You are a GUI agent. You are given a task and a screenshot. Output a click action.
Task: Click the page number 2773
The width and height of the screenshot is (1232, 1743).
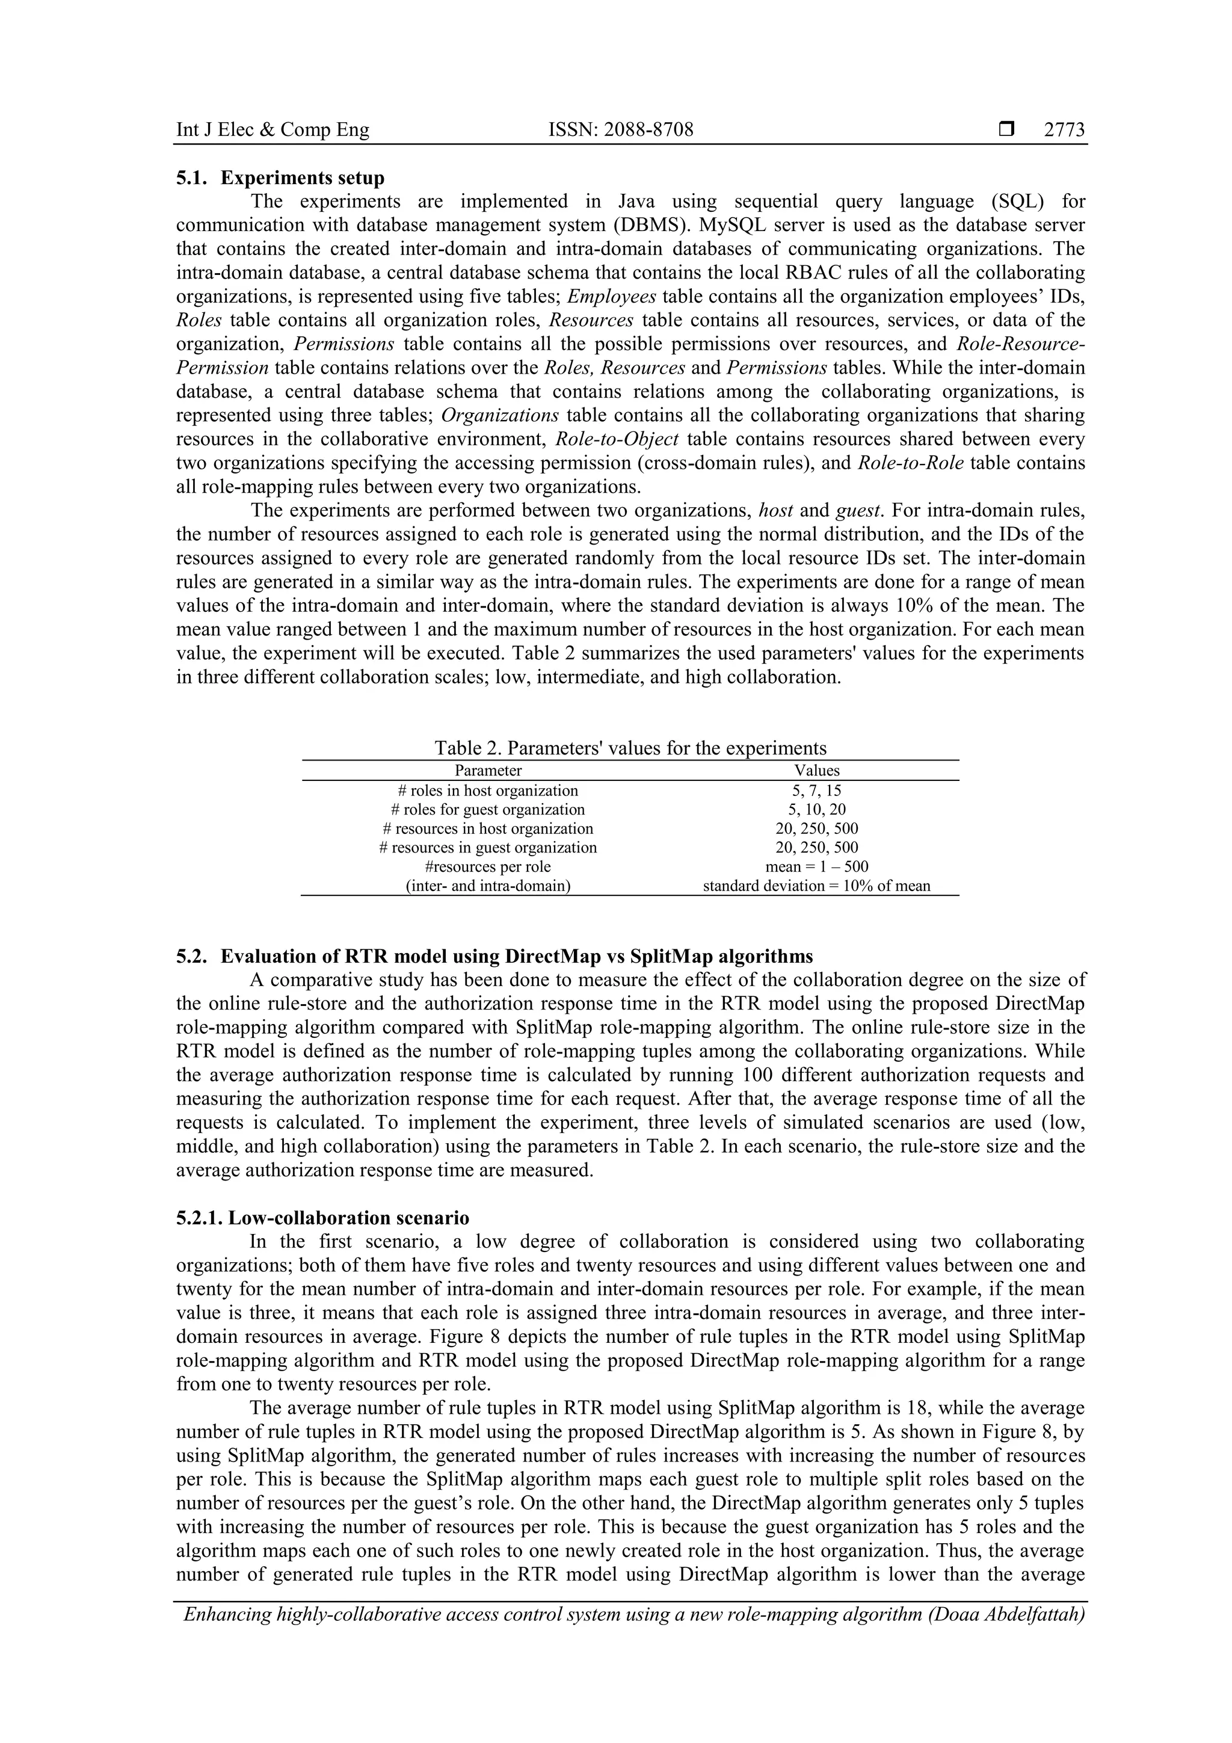[x=1064, y=130]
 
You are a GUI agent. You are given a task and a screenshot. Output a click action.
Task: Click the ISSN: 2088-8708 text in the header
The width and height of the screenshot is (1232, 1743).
[x=621, y=130]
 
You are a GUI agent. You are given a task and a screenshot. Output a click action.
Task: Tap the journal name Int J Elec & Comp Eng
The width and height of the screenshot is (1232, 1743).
[x=273, y=130]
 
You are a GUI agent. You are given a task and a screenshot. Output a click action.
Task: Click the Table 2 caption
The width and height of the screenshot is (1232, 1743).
[x=630, y=748]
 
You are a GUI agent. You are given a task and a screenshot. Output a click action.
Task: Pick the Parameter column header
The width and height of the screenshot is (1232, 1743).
[x=488, y=771]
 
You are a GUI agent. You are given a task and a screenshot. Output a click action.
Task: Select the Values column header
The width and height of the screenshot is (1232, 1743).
[x=817, y=771]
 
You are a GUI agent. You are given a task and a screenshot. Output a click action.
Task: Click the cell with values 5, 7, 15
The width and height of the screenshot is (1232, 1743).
[x=817, y=790]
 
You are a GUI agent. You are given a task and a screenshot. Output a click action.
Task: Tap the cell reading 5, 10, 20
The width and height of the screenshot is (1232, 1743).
[x=817, y=809]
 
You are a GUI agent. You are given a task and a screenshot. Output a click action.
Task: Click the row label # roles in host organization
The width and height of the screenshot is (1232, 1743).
[x=488, y=790]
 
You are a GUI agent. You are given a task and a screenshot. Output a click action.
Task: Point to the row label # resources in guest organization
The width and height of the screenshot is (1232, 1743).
[x=488, y=847]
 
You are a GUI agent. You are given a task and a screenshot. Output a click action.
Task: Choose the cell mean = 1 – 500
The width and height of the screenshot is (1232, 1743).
[x=817, y=866]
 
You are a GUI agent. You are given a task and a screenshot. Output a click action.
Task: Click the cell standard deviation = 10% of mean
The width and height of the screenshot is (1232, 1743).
[x=817, y=885]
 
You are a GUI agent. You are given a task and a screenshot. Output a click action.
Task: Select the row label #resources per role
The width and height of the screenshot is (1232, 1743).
[x=488, y=866]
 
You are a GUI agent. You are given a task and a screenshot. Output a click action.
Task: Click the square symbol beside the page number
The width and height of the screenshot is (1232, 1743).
[x=1006, y=130]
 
